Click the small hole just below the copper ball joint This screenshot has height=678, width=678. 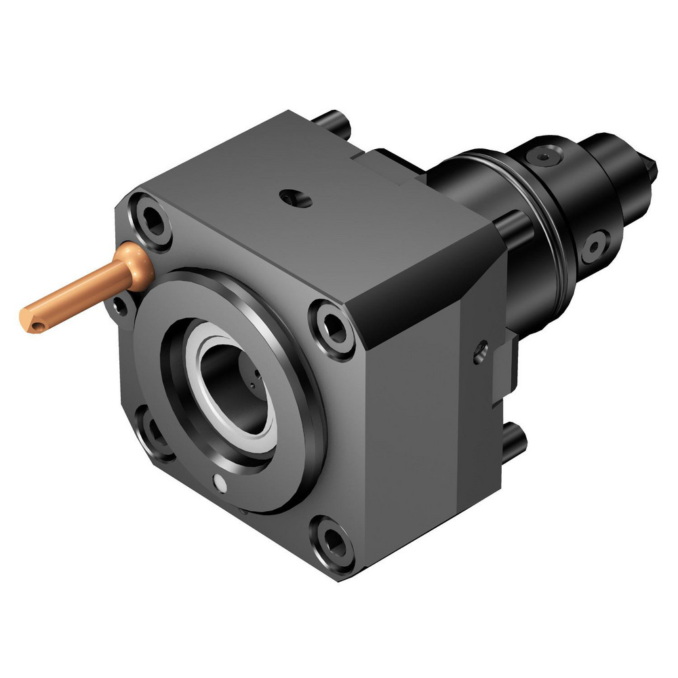pos(120,305)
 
